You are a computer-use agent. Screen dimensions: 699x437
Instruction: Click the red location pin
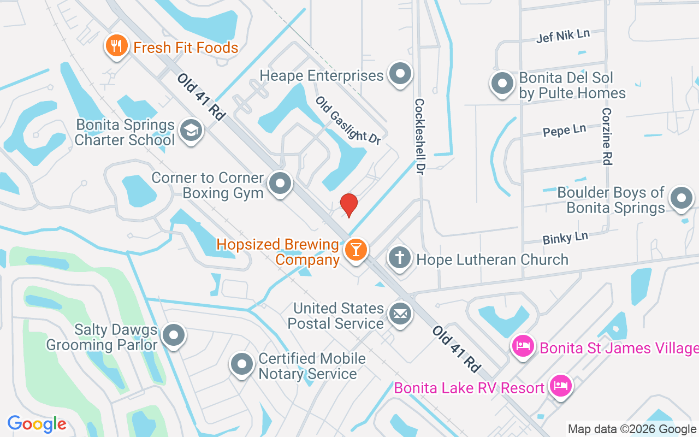348,205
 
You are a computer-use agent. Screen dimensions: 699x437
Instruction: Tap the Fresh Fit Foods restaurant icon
116,46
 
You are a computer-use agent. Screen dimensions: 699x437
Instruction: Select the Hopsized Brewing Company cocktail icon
356,250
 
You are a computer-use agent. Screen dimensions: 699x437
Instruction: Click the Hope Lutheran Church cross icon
400,257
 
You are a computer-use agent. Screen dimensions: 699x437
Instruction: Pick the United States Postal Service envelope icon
400,314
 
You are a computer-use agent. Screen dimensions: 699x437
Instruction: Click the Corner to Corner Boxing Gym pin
281,184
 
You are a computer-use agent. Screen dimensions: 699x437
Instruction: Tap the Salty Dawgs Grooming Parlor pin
174,336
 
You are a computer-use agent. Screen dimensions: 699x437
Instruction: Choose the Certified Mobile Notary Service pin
241,364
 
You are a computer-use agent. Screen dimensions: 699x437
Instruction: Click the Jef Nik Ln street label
563,36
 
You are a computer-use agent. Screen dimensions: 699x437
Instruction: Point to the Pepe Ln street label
564,131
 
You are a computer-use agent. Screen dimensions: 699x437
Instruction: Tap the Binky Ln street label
565,238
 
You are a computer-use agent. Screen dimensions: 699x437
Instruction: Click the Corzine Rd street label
607,136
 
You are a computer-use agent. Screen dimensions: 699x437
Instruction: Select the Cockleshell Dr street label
419,133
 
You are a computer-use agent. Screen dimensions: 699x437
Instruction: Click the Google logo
37,424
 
